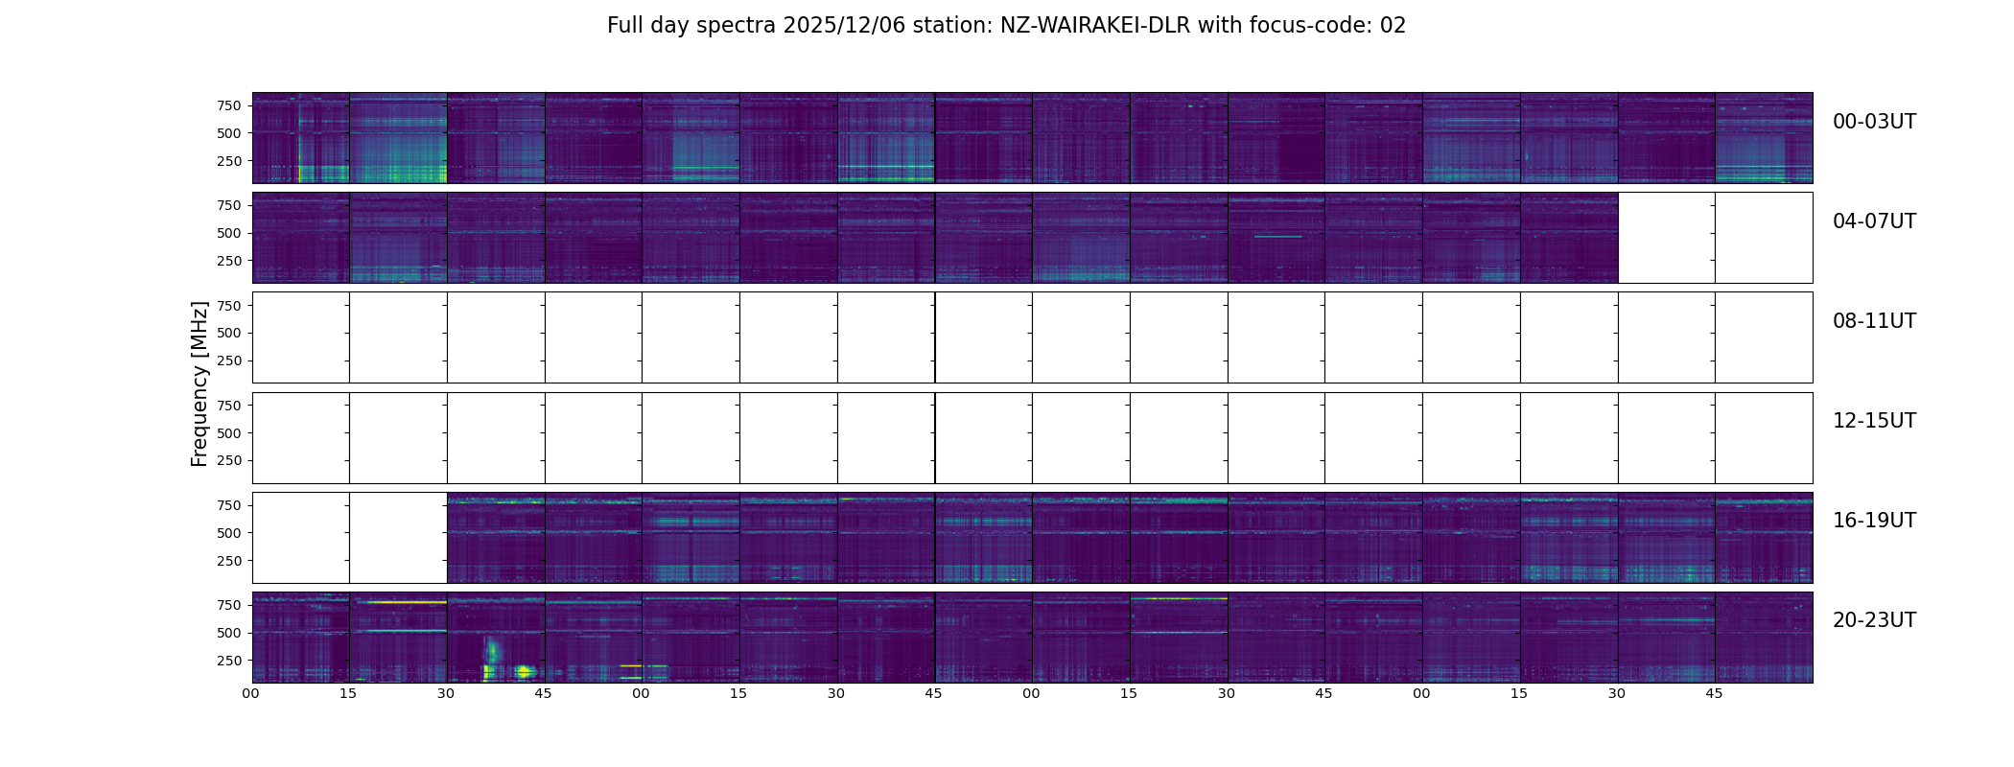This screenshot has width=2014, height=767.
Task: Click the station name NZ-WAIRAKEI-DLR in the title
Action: (1095, 26)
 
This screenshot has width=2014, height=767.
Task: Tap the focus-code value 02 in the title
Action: (1393, 26)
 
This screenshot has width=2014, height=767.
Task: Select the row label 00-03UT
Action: (1874, 122)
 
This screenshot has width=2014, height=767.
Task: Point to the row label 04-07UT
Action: (1874, 221)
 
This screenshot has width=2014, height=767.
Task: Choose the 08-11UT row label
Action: (1874, 321)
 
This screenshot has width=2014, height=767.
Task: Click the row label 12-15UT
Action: (1874, 421)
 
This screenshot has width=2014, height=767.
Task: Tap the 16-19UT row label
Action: (1874, 521)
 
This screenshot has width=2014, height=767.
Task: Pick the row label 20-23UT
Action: (1874, 620)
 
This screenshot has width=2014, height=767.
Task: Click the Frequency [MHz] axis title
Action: (199, 383)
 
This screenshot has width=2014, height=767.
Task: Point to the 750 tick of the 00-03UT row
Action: (229, 105)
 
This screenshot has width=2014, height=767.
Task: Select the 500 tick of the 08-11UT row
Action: (229, 333)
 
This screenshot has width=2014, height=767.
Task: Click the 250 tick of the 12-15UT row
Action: (229, 460)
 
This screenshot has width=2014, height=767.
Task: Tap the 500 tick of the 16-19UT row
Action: (229, 533)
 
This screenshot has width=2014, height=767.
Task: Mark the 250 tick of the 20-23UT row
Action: (229, 661)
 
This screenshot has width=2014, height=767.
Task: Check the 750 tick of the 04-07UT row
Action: (229, 205)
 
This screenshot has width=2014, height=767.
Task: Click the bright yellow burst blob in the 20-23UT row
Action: (524, 671)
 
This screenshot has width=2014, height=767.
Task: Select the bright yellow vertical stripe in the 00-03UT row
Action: (299, 174)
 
